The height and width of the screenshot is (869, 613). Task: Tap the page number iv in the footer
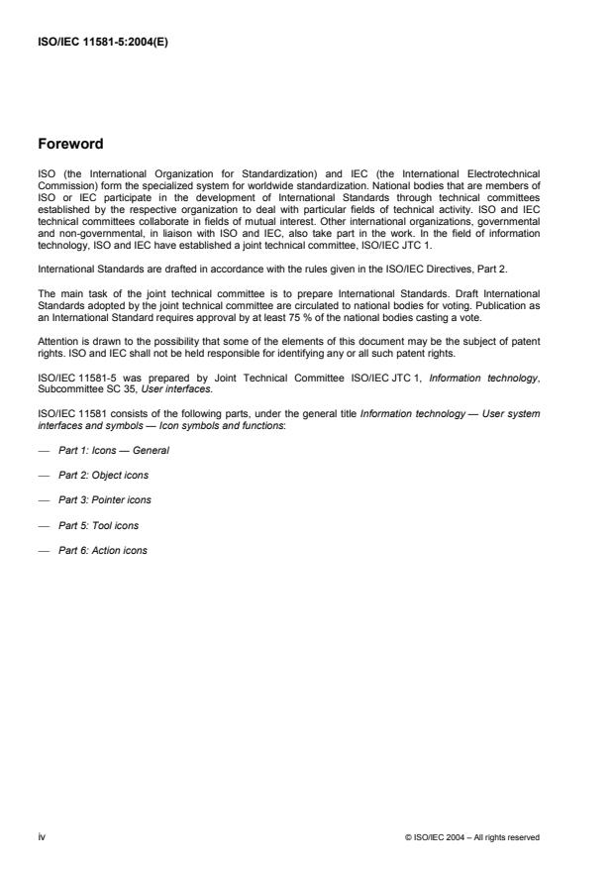(x=43, y=837)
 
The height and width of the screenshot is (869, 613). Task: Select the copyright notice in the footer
(x=472, y=837)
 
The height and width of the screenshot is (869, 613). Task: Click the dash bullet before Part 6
(x=45, y=550)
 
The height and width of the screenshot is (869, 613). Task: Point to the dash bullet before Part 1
(x=45, y=450)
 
